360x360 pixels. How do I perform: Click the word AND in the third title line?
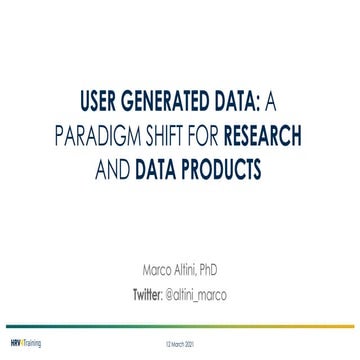point(115,167)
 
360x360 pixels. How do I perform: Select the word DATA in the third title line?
point(161,167)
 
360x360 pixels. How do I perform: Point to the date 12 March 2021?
point(180,343)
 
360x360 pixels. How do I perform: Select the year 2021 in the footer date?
point(191,343)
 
